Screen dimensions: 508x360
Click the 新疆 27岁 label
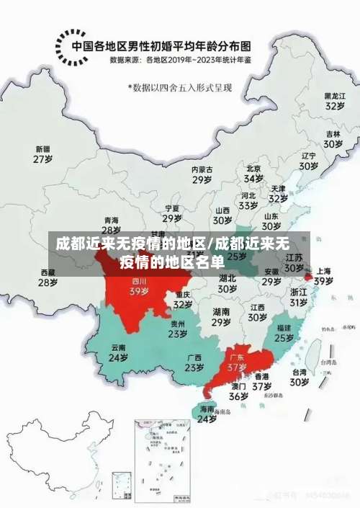[x=43, y=154]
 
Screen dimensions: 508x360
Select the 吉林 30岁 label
[x=332, y=138]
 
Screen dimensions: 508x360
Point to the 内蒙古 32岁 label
[x=202, y=175]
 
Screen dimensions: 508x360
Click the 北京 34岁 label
[x=253, y=173]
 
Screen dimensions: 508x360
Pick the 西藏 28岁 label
[x=48, y=277]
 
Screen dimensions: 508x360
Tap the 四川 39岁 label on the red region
[x=139, y=287]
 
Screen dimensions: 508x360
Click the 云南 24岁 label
[x=118, y=352]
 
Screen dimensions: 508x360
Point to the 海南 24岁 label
[x=207, y=414]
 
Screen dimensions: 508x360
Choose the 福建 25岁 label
[x=284, y=332]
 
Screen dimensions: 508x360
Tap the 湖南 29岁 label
[x=221, y=317]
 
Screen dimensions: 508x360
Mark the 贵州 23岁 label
[x=178, y=329]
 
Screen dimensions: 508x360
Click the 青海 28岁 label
[x=112, y=226]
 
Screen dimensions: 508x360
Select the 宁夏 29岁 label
[x=171, y=213]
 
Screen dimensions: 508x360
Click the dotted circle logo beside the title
[x=71, y=46]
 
